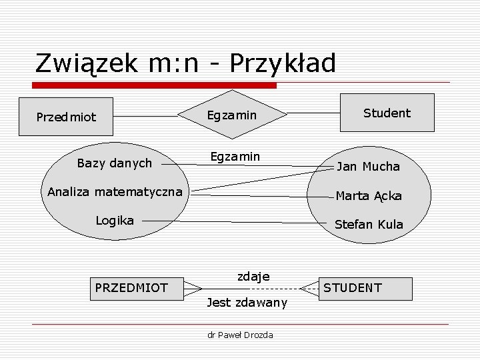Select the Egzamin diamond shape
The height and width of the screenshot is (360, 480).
pyautogui.click(x=231, y=115)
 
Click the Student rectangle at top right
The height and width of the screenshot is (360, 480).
pyautogui.click(x=387, y=113)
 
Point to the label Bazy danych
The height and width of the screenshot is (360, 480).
pyautogui.click(x=114, y=163)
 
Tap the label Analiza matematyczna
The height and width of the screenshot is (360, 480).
pyautogui.click(x=115, y=193)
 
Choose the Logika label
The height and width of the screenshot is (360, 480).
pyautogui.click(x=114, y=221)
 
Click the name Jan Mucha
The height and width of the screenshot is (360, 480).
pyautogui.click(x=368, y=167)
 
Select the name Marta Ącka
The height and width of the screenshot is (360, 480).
pyautogui.click(x=368, y=196)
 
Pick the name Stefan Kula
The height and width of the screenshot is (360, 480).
pyautogui.click(x=368, y=225)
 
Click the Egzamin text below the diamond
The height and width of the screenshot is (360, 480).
pyautogui.click(x=235, y=156)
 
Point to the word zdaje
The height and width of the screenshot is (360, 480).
pyautogui.click(x=253, y=276)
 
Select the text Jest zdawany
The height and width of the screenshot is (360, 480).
pyautogui.click(x=247, y=303)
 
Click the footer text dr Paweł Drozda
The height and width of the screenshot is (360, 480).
pyautogui.click(x=240, y=335)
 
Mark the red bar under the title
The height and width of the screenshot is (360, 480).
pyautogui.click(x=155, y=85)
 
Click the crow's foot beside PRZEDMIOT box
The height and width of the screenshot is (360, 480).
pyautogui.click(x=193, y=288)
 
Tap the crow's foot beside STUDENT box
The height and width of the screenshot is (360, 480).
pyautogui.click(x=309, y=288)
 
